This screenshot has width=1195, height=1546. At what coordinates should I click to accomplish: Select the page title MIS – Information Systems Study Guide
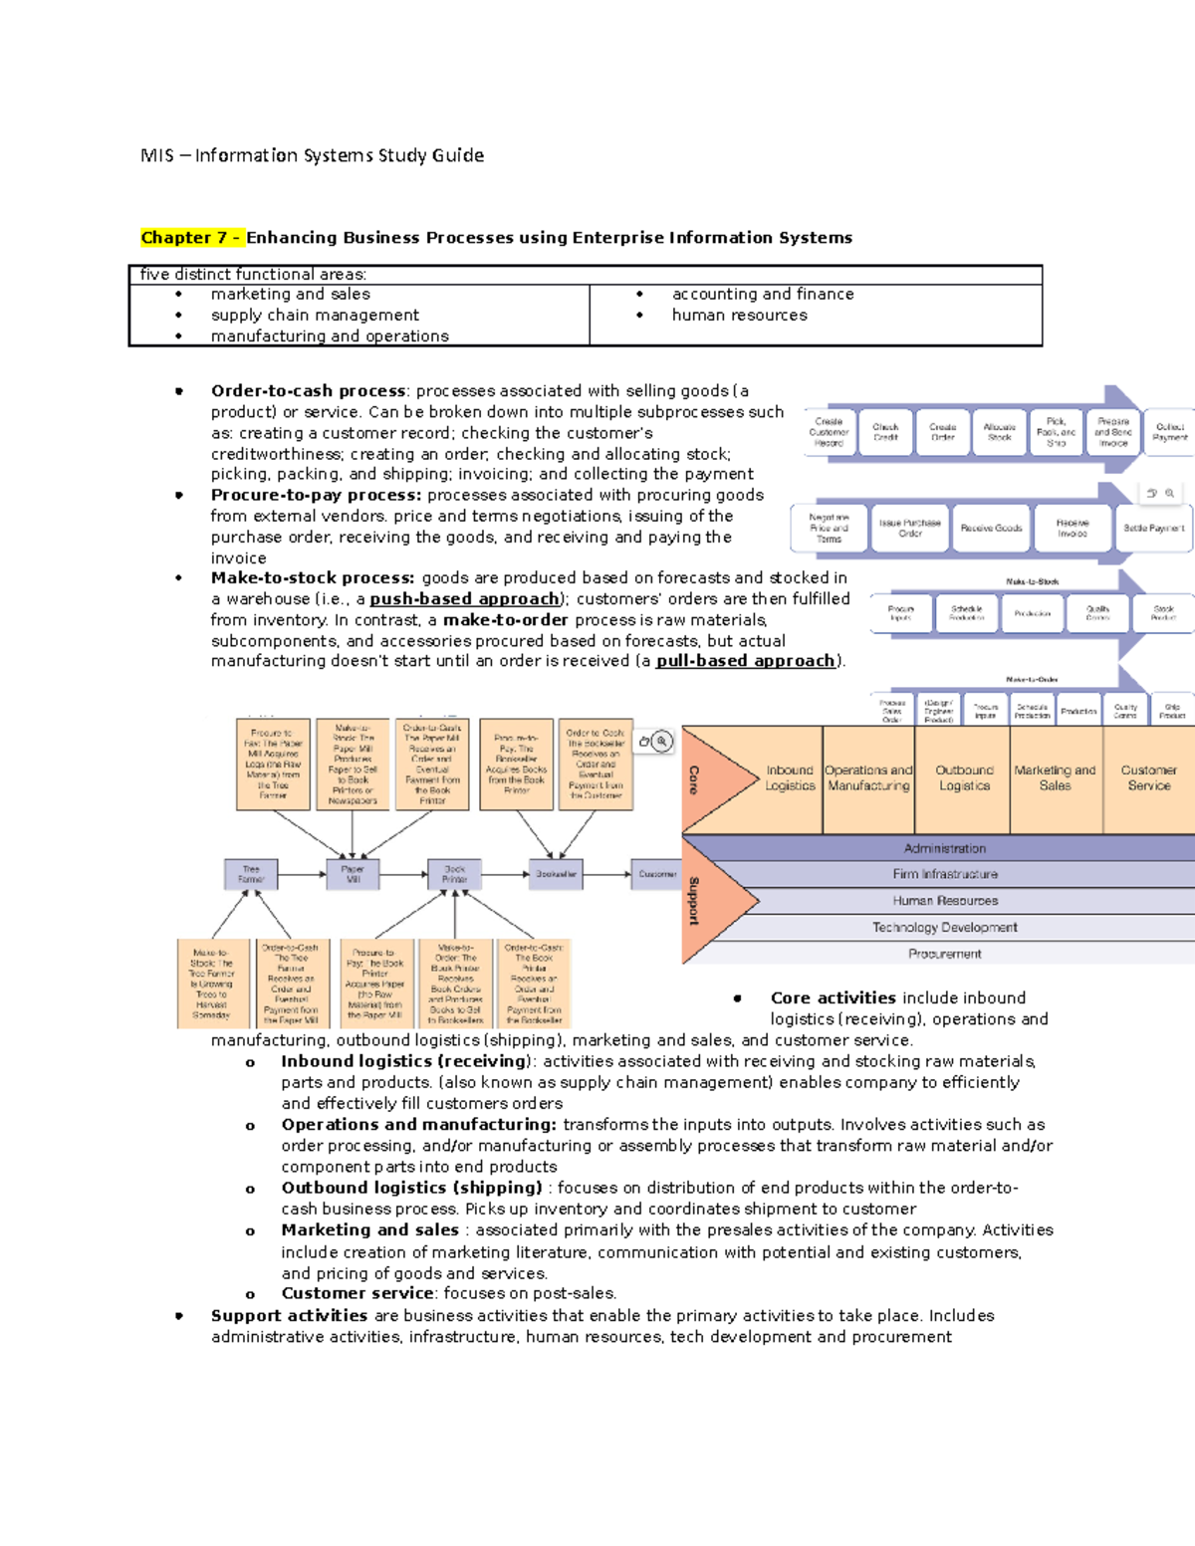tap(312, 155)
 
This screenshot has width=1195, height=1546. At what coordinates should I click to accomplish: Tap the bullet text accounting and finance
tap(762, 294)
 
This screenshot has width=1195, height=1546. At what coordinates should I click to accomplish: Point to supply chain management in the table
tap(315, 315)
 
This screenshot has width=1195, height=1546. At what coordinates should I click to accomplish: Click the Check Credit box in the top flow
tap(885, 432)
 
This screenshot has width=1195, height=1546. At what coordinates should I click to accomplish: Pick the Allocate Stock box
tap(999, 432)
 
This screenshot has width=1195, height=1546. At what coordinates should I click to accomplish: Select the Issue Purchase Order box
tap(909, 528)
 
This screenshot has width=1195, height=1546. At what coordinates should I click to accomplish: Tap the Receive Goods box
tap(991, 528)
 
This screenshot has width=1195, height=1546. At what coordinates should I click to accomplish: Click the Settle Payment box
tap(1153, 528)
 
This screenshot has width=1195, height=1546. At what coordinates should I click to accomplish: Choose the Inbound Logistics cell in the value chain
tap(789, 777)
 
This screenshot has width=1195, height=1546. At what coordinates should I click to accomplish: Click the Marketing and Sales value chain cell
tap(1055, 777)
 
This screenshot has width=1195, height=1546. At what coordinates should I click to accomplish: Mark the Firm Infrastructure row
tap(944, 874)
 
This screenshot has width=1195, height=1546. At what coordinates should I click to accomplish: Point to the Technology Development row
tap(944, 927)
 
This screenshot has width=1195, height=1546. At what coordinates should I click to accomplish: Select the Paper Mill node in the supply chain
tap(353, 874)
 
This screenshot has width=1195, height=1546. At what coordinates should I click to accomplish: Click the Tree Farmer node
tap(251, 874)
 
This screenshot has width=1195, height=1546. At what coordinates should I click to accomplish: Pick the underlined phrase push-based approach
tap(464, 599)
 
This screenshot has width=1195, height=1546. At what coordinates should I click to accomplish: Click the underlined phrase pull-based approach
tap(745, 661)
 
